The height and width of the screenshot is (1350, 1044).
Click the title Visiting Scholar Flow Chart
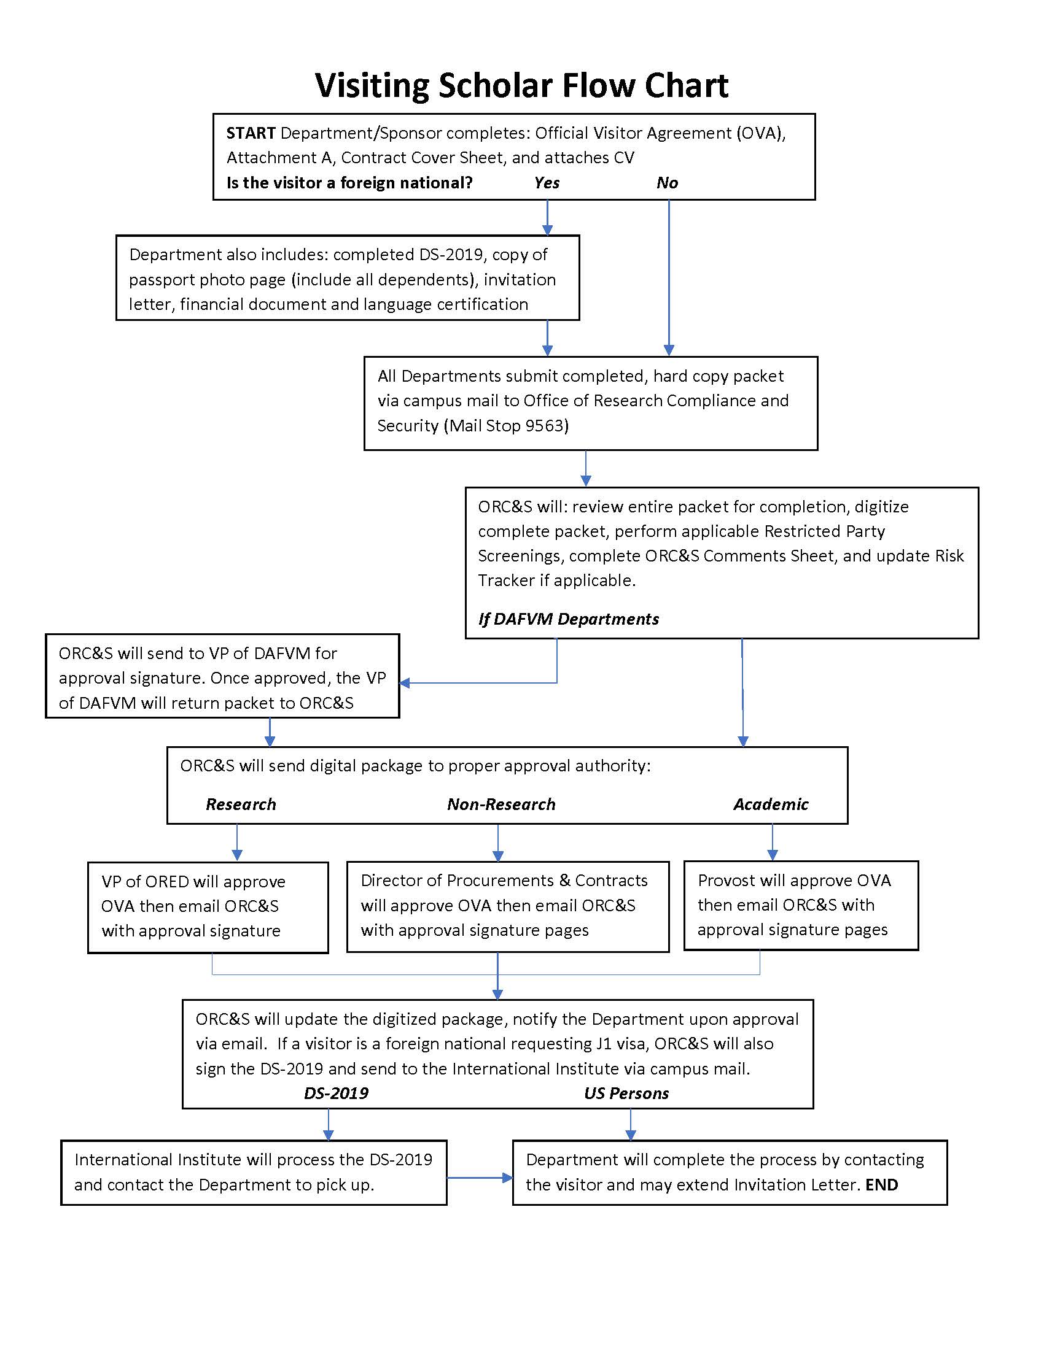pyautogui.click(x=521, y=85)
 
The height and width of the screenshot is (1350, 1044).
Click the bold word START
pyautogui.click(x=251, y=134)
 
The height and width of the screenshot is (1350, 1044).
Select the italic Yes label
pyautogui.click(x=547, y=183)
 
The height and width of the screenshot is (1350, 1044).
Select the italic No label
pyautogui.click(x=667, y=183)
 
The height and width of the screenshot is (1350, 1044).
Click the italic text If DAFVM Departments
pyautogui.click(x=569, y=619)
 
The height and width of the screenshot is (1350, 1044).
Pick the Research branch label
pyautogui.click(x=241, y=805)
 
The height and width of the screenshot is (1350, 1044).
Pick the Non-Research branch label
pyautogui.click(x=501, y=805)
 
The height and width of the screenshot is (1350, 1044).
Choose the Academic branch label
pyautogui.click(x=771, y=805)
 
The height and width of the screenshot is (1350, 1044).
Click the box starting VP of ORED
pyautogui.click(x=208, y=907)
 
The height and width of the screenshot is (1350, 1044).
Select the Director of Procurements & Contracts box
pyautogui.click(x=508, y=906)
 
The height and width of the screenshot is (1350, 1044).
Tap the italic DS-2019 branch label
pyautogui.click(x=336, y=1093)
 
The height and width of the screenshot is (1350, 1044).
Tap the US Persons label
pyautogui.click(x=626, y=1093)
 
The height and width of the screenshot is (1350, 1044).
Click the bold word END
pyautogui.click(x=881, y=1185)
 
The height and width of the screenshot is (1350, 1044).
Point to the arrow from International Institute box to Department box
pyautogui.click(x=480, y=1178)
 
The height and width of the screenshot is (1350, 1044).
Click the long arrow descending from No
pyautogui.click(x=669, y=278)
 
